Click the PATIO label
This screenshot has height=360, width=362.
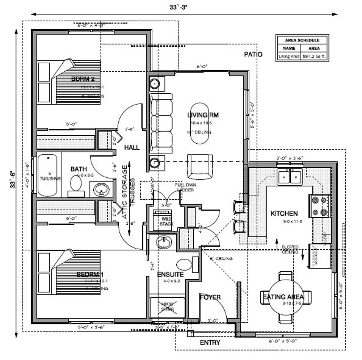tap(253, 55)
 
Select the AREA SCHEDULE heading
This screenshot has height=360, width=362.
tap(302, 40)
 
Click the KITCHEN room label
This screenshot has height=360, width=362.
tap(284, 213)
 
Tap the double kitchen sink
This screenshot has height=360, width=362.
tap(290, 177)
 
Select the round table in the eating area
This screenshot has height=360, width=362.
tap(286, 297)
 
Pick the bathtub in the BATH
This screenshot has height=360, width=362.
tap(47, 175)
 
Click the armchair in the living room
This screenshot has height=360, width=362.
tap(199, 166)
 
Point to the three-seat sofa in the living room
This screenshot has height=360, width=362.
tap(161, 123)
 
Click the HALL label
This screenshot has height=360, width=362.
tap(132, 148)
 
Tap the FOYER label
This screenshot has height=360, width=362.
tap(210, 297)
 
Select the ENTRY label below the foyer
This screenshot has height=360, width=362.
tap(210, 342)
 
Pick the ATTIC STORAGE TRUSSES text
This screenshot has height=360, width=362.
tap(128, 192)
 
